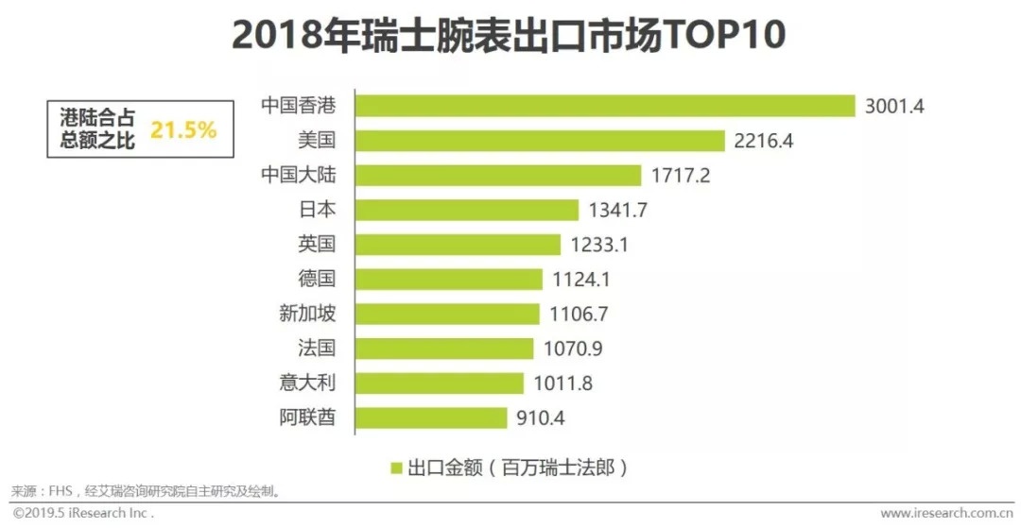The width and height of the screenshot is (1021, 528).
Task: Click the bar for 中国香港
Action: pyautogui.click(x=605, y=106)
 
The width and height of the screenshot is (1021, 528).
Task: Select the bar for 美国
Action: pyautogui.click(x=540, y=141)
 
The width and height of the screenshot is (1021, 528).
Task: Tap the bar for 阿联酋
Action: pyautogui.click(x=432, y=417)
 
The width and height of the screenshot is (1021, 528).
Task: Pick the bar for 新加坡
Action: pyautogui.click(x=447, y=314)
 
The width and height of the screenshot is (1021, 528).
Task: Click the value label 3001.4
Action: pyautogui.click(x=893, y=106)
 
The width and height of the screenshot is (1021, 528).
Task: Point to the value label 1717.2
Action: pyautogui.click(x=681, y=176)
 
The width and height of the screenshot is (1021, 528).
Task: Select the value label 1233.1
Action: pyautogui.click(x=599, y=245)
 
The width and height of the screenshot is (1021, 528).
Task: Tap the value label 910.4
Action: pyautogui.click(x=541, y=417)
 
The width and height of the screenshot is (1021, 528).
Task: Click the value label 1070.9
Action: pyautogui.click(x=573, y=349)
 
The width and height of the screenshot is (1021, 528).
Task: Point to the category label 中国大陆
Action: pyautogui.click(x=298, y=175)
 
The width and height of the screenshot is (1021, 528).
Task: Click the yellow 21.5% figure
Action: pyautogui.click(x=183, y=130)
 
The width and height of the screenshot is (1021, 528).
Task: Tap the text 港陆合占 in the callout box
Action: pyautogui.click(x=97, y=119)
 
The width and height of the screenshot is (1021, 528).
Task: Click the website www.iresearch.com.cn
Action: pyautogui.click(x=947, y=514)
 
